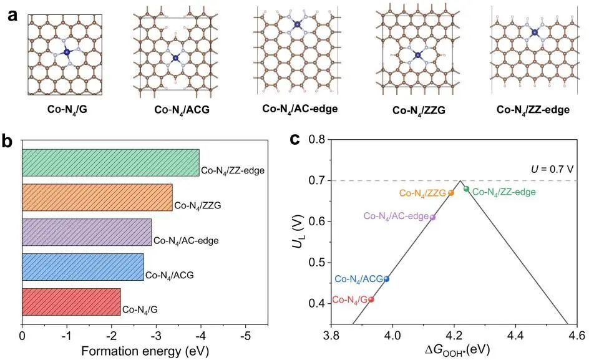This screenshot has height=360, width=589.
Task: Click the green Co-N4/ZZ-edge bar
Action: pyautogui.click(x=110, y=162)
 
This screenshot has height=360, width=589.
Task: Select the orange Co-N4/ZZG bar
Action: pyautogui.click(x=97, y=197)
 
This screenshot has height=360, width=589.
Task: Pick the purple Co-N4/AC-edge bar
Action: pyautogui.click(x=86, y=232)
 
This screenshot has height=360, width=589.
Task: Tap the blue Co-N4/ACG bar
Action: pyautogui.click(x=82, y=266)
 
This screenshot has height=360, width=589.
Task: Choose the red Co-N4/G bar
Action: pyautogui.click(x=71, y=301)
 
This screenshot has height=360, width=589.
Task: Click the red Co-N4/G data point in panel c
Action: pyautogui.click(x=371, y=299)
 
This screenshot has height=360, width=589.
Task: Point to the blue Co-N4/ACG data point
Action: pyautogui.click(x=387, y=279)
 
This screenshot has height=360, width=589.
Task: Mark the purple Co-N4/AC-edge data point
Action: pyautogui.click(x=432, y=217)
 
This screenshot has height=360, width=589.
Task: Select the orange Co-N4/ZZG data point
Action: pyautogui.click(x=451, y=193)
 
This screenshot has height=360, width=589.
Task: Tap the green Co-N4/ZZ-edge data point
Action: pyautogui.click(x=466, y=188)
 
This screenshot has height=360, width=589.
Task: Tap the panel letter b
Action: pyautogui.click(x=8, y=141)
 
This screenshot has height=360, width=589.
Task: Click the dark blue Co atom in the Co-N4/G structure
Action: pyautogui.click(x=67, y=52)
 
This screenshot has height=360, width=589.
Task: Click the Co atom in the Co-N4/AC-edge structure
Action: pyautogui.click(x=297, y=25)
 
